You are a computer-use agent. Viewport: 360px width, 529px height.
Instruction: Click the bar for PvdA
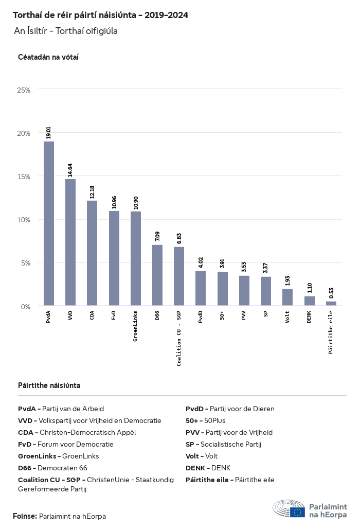pos(49,224)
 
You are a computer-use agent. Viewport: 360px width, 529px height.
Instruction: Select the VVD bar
pos(70,242)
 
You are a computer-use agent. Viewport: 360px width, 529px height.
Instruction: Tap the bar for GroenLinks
pos(136,259)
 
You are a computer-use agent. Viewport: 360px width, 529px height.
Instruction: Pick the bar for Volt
pos(287,297)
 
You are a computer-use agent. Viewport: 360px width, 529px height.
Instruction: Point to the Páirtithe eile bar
pos(331,304)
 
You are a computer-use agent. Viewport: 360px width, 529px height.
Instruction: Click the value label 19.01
pos(49,133)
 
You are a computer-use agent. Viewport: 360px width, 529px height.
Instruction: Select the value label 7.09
pos(157,237)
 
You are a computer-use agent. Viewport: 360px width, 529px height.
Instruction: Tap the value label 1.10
pos(309,288)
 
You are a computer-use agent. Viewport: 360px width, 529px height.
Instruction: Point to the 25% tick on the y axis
pos(24,90)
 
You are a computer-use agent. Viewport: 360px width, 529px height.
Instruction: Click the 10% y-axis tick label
pos(24,220)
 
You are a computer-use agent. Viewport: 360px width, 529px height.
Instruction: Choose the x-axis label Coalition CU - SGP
pos(179,338)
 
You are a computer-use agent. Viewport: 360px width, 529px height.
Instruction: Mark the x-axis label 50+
pos(222,315)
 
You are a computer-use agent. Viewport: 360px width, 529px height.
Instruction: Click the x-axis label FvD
pos(114,315)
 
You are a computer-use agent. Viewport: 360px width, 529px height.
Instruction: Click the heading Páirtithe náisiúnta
pos(49,385)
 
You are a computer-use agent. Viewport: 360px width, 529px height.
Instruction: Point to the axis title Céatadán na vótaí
pos(48,57)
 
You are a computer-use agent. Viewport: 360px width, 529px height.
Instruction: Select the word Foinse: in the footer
pos(25,516)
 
